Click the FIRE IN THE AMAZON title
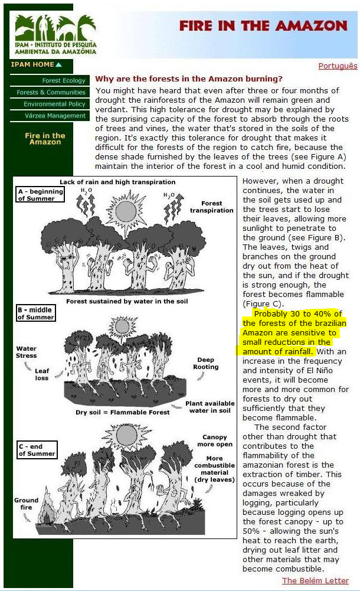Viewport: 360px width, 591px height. (263, 26)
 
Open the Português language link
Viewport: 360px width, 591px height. (338, 66)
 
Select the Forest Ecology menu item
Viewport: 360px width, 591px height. (64, 81)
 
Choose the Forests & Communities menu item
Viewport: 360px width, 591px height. (51, 93)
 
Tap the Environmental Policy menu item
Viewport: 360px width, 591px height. (54, 105)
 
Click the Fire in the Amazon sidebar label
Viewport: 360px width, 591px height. (45, 139)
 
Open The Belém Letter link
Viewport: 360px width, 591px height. (315, 580)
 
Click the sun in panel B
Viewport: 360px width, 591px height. (122, 325)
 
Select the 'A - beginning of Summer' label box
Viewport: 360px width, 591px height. (37, 195)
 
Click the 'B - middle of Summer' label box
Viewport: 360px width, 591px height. (35, 314)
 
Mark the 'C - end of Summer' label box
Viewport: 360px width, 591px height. (37, 450)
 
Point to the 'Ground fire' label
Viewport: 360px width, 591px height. (27, 504)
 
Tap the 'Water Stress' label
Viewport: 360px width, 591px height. (27, 352)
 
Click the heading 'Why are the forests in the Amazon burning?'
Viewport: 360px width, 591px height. (189, 79)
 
